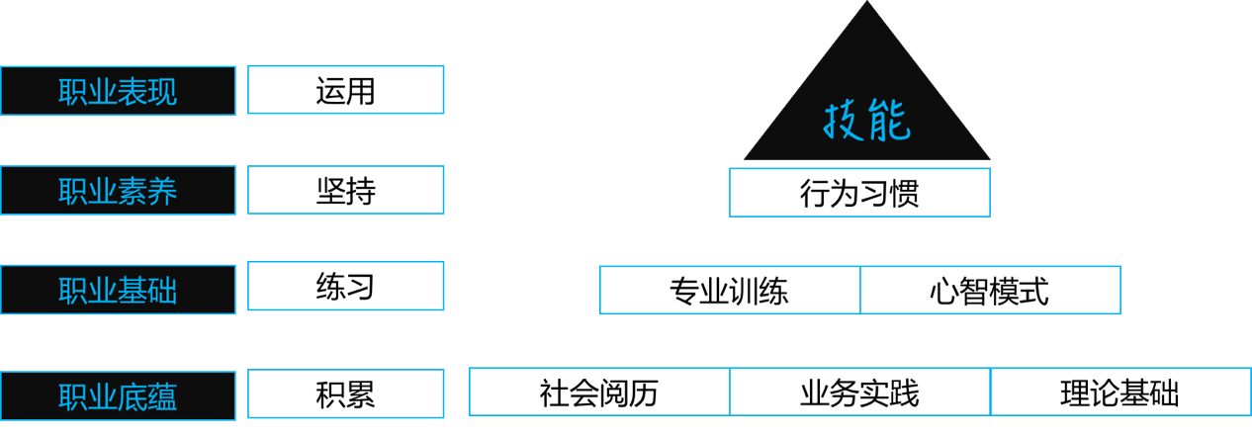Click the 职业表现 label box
pos(118,91)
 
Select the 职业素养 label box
pos(118,191)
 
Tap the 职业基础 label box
pos(118,290)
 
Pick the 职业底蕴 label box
pos(118,395)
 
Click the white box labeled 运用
pos(345,90)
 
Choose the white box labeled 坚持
pos(345,190)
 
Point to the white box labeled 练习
pos(345,287)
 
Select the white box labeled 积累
pos(345,393)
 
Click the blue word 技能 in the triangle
pos(866,123)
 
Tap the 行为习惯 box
pos(859,192)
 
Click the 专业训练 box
pos(730,291)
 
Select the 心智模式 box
pos(990,291)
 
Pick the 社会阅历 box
pos(599,393)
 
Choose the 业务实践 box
pos(859,393)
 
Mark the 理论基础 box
pos(1120,393)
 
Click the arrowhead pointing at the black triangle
pos(764,119)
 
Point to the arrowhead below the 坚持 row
pos(725,219)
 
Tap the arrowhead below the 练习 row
pos(594,317)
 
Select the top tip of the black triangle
pos(867,4)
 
